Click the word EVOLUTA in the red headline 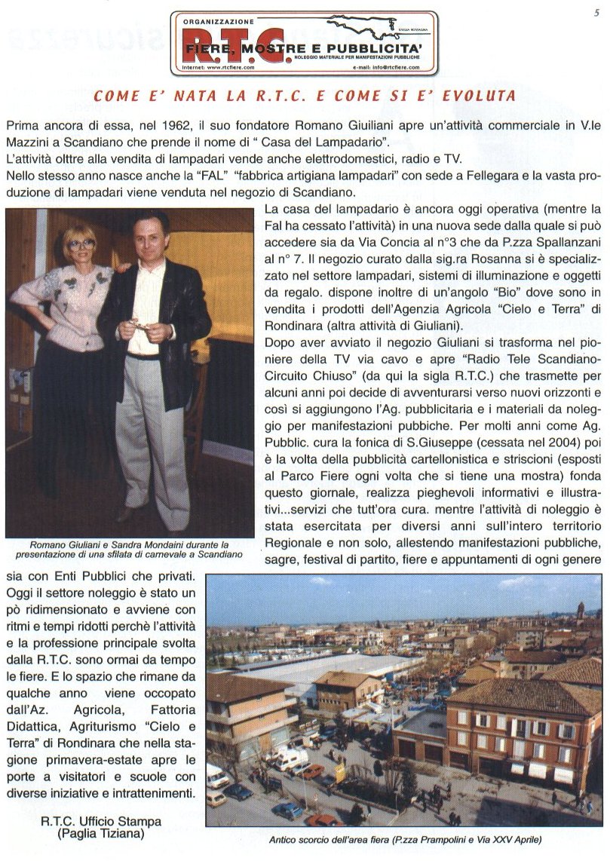[x=480, y=97]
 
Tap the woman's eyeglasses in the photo [x=81, y=244]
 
